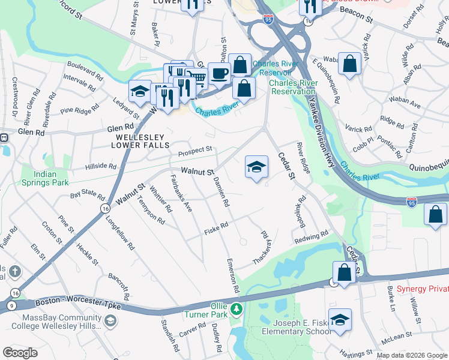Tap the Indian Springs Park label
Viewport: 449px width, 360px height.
(45, 178)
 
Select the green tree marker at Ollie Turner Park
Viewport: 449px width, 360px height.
(237, 309)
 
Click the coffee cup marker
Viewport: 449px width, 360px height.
(219, 73)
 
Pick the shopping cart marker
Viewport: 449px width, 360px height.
(197, 77)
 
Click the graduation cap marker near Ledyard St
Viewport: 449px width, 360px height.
(140, 91)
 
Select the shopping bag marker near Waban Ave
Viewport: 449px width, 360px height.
(349, 64)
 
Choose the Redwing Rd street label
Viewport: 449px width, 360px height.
(311, 237)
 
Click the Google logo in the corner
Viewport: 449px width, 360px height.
(20, 353)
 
